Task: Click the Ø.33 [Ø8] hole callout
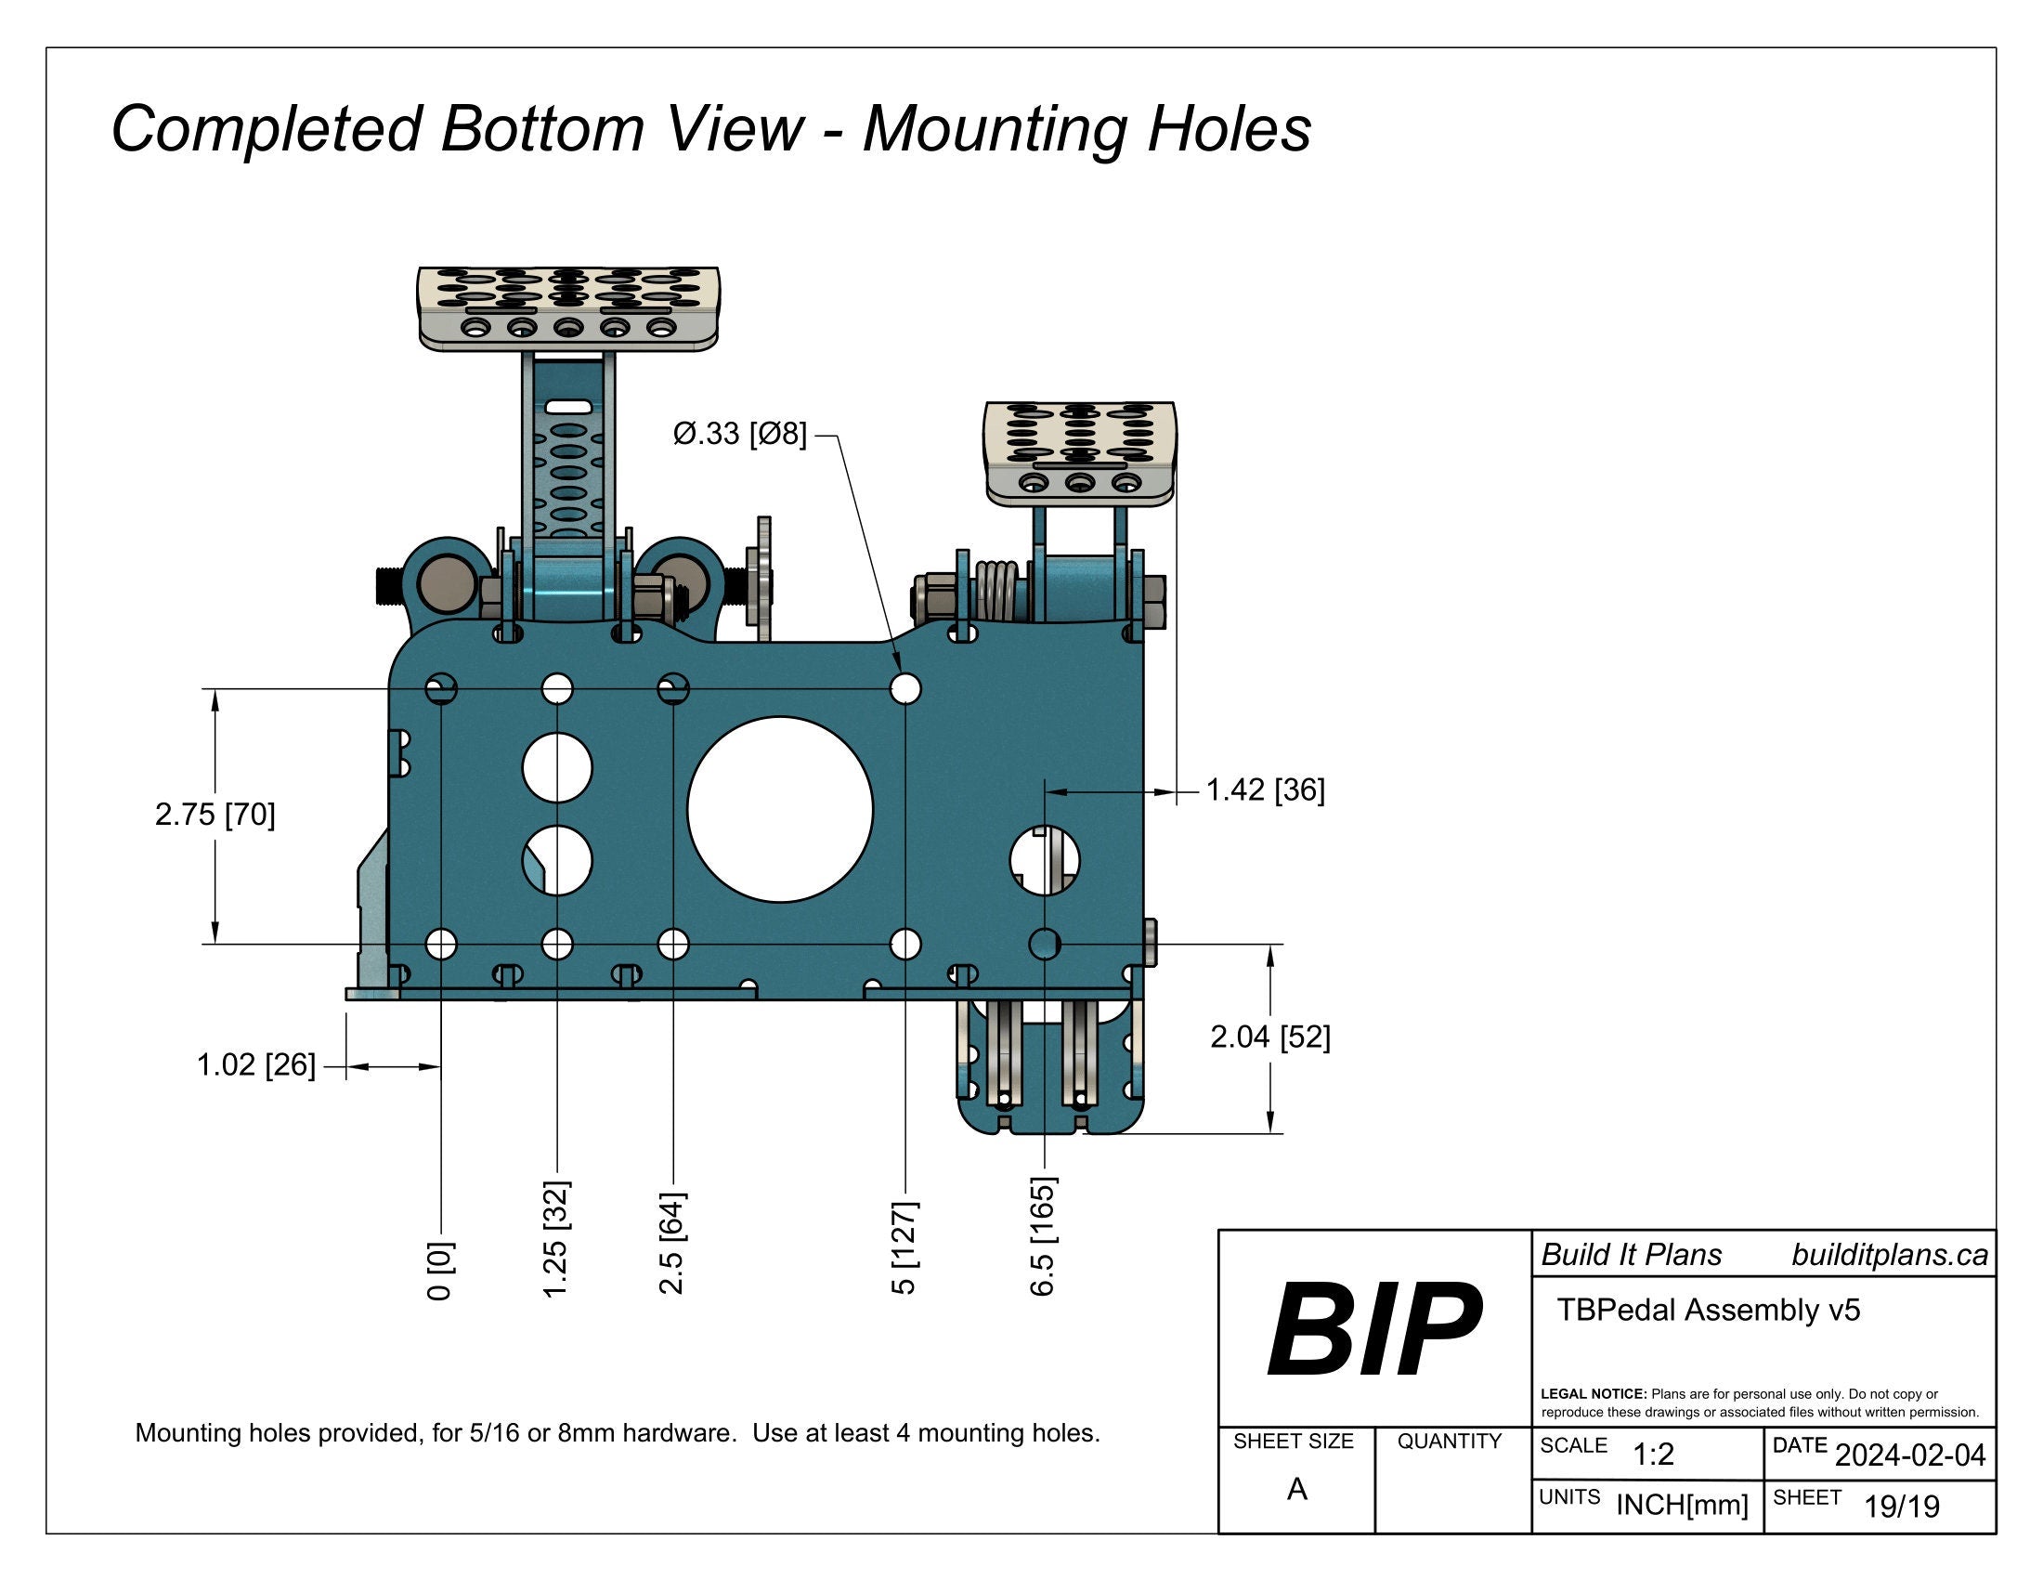739,434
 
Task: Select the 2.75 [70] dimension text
215,815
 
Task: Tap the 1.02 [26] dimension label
255,1064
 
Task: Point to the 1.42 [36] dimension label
1265,790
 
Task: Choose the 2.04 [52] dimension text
1269,1037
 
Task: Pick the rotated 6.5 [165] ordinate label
1043,1236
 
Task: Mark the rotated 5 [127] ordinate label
904,1248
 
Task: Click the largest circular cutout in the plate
780,809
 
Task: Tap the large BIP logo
1373,1329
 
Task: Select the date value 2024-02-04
1909,1455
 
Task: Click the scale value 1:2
1653,1455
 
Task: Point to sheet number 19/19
1901,1506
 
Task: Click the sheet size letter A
1296,1488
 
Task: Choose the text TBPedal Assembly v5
1708,1310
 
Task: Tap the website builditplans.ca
1889,1255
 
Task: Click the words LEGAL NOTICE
1593,1394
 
